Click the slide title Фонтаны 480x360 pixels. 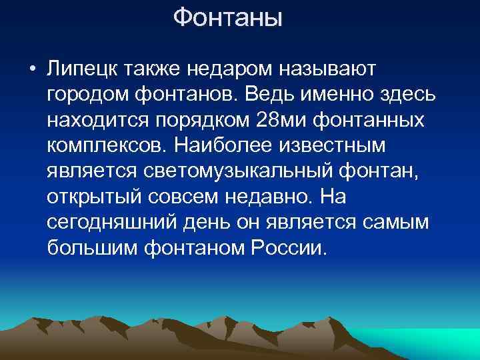tap(228, 18)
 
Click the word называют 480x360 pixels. tap(327, 68)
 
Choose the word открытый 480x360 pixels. tap(91, 196)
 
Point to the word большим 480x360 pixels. tap(89, 247)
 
